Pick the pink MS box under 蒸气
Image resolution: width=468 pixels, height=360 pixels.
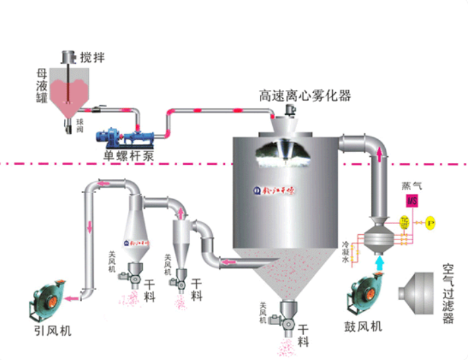411,201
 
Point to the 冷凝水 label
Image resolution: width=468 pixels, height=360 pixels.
346,252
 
